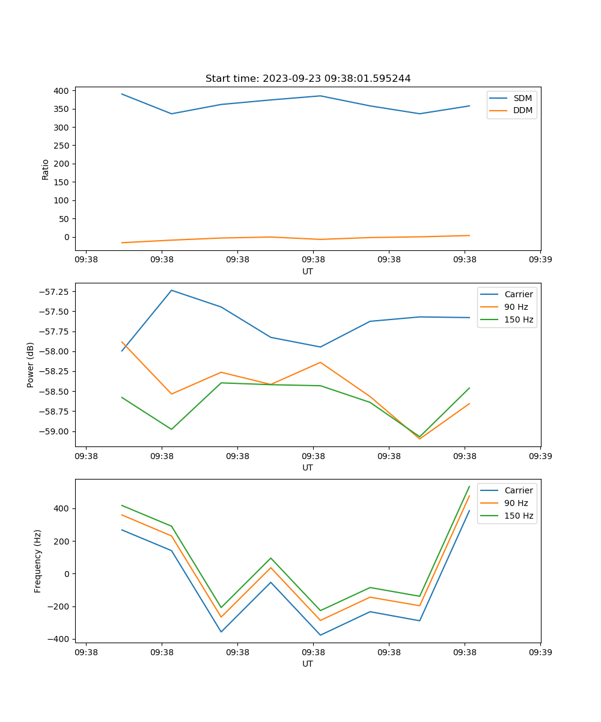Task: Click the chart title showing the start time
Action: pos(308,79)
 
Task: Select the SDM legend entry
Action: pos(522,98)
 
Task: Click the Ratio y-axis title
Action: pos(46,170)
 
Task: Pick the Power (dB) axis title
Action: pos(31,365)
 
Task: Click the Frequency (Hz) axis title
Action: pos(38,561)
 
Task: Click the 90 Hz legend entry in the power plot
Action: pos(516,307)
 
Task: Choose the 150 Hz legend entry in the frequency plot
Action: pos(519,516)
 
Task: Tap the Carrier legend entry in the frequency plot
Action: pos(518,490)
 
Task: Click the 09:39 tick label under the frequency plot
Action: pos(540,652)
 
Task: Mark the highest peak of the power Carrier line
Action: pos(171,290)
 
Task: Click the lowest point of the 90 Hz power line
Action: pos(419,439)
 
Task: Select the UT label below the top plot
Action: pos(308,271)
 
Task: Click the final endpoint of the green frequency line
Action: pos(469,486)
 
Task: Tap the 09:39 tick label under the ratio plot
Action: pos(540,260)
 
